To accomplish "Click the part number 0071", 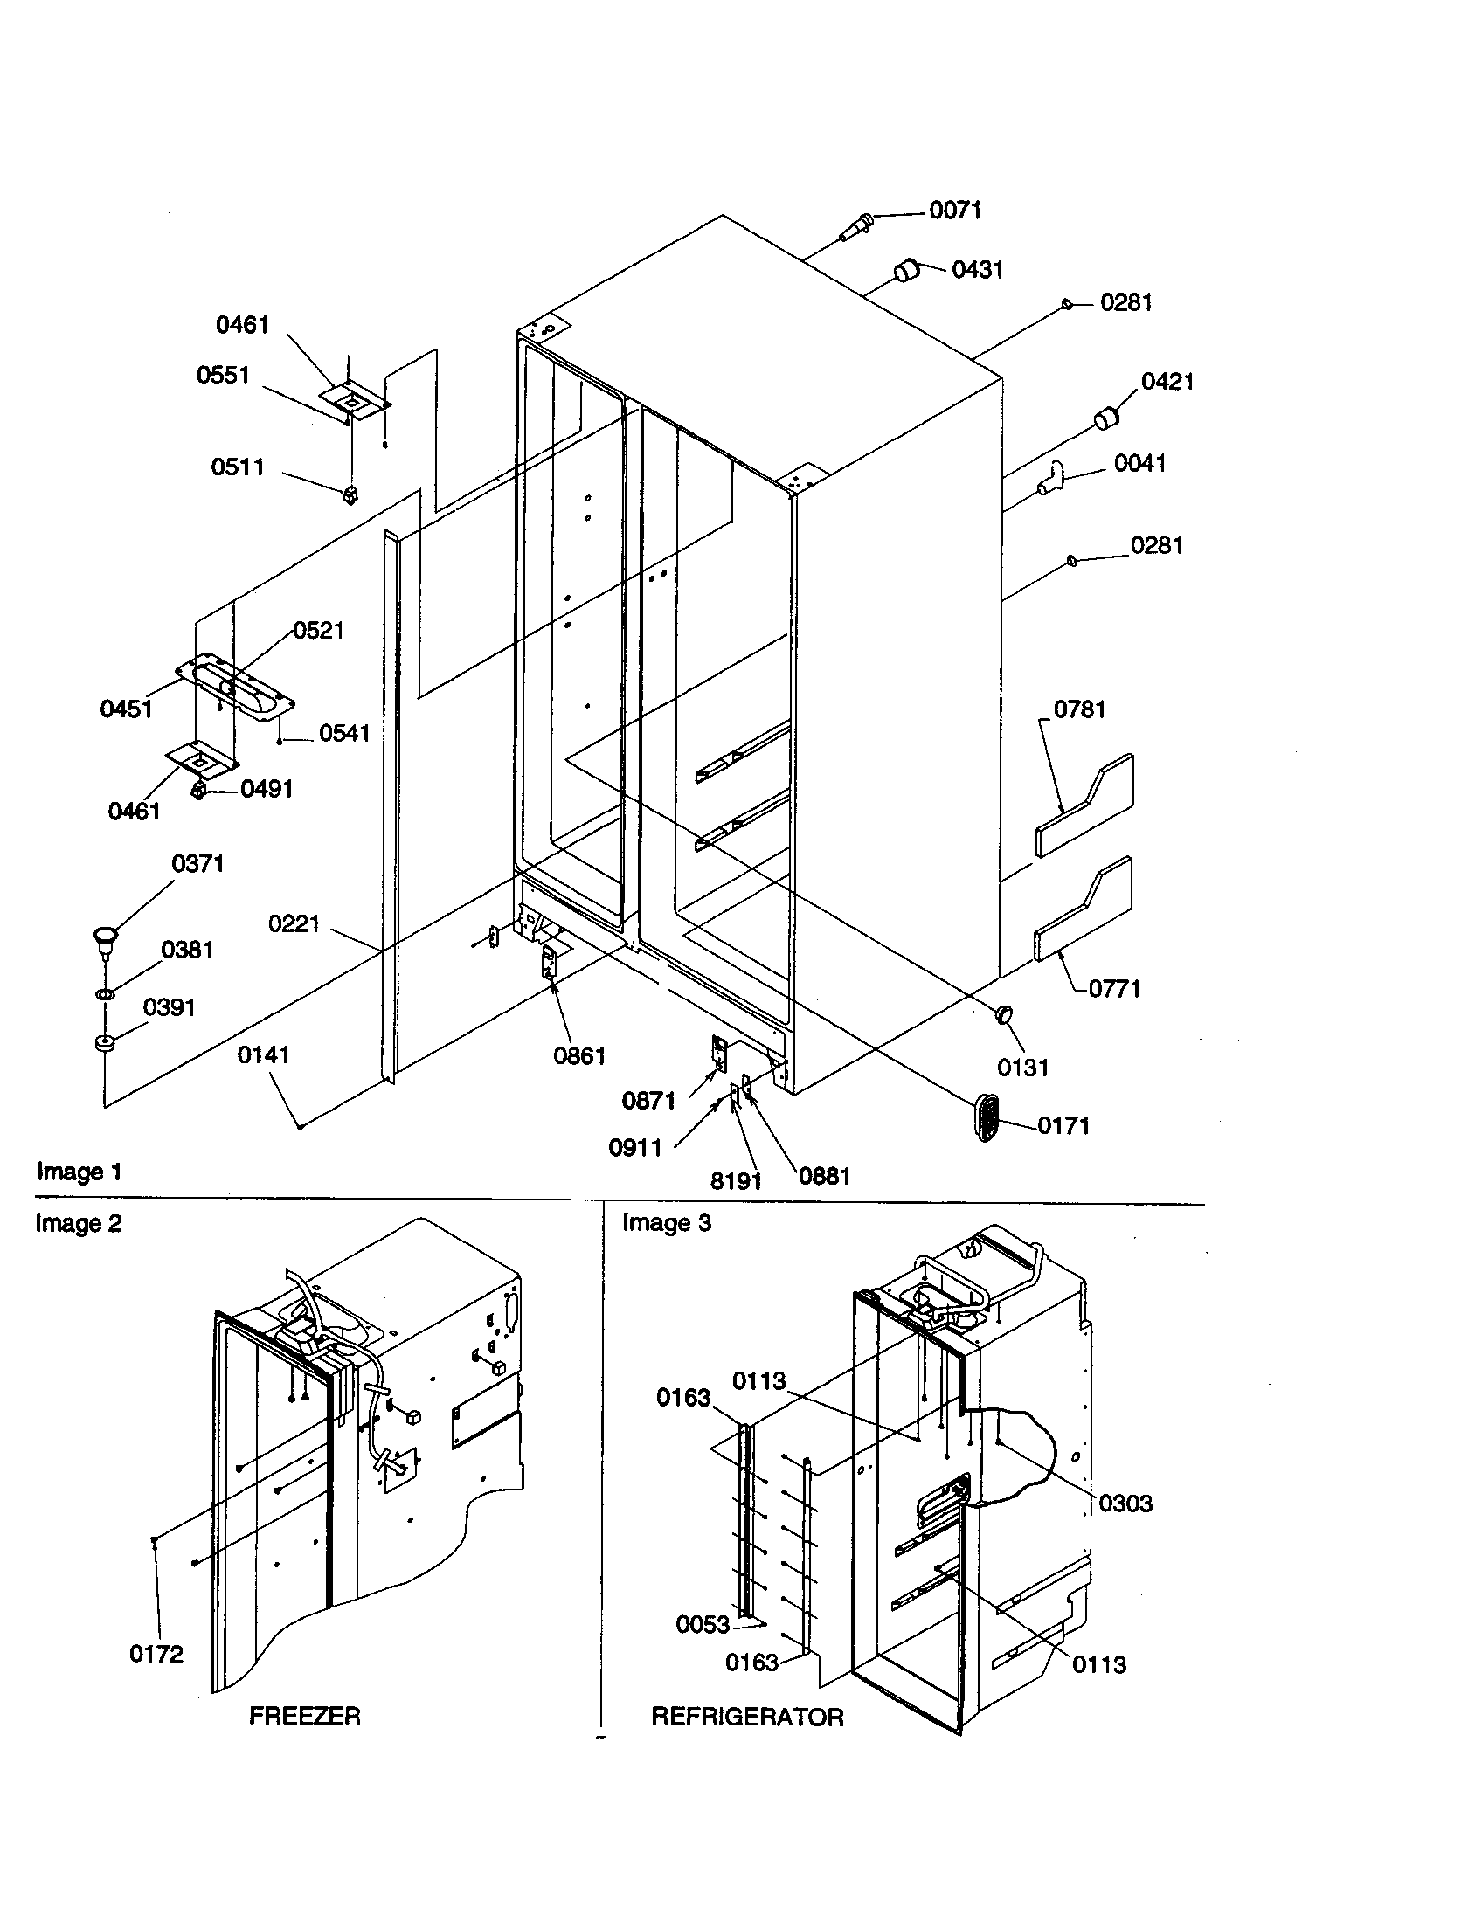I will [955, 211].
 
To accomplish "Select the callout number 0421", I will [1167, 382].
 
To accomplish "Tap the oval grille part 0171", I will [987, 1119].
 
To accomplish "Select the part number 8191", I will [736, 1181].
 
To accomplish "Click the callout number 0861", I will [579, 1056].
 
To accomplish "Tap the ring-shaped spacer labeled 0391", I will [106, 1045].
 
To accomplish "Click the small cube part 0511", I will [350, 495].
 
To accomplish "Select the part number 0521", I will [319, 630].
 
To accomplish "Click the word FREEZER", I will [304, 1716].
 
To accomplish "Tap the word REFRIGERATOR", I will [747, 1717].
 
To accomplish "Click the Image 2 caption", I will [79, 1224].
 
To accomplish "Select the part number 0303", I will [1125, 1504].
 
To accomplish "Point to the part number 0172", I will [156, 1655].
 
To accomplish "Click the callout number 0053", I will [703, 1625].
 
